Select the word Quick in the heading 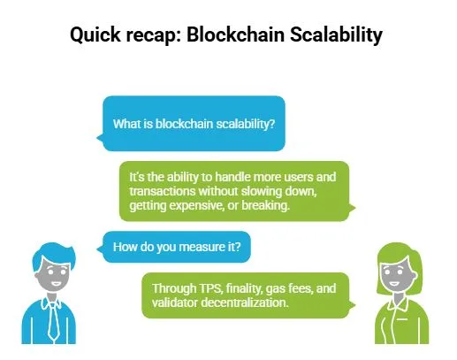96,38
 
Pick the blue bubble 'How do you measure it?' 176,246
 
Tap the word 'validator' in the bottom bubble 177,303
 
